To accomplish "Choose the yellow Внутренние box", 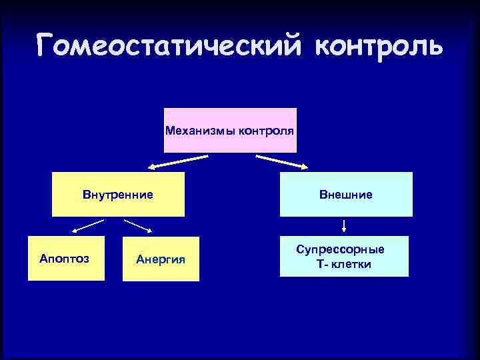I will (x=118, y=205).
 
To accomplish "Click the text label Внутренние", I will (x=118, y=195).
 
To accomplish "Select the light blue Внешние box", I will (x=345, y=205).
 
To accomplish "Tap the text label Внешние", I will (x=345, y=195).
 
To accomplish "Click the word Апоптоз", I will (x=65, y=258).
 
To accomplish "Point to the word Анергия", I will (x=160, y=259).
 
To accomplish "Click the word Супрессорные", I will (x=341, y=249).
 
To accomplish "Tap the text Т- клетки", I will (x=344, y=264).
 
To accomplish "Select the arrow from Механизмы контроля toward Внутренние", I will (x=177, y=161).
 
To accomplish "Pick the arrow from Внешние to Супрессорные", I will (x=345, y=225).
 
